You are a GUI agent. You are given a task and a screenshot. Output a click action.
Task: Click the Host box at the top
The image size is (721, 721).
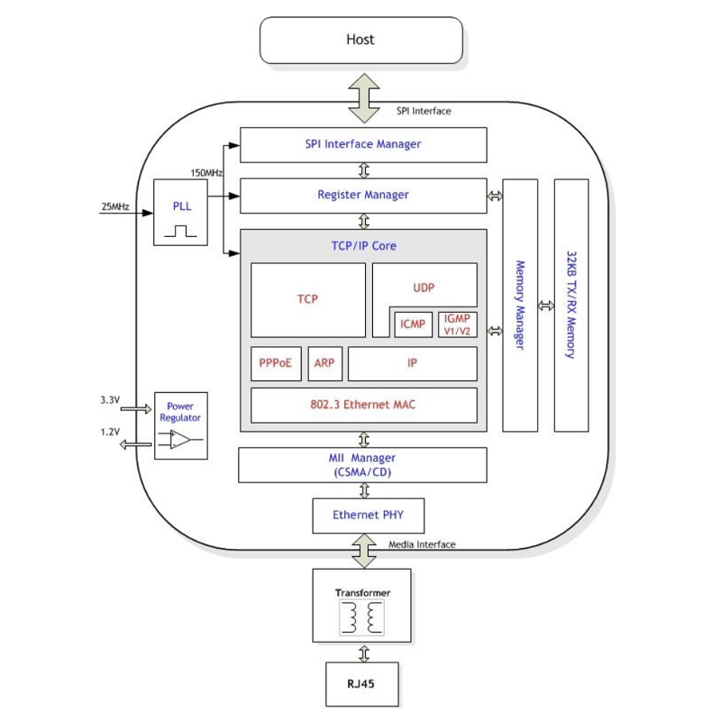click(360, 41)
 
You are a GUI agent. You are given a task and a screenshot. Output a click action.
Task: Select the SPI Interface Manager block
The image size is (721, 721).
click(363, 144)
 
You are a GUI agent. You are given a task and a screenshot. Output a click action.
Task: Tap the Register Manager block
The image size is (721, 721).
click(363, 195)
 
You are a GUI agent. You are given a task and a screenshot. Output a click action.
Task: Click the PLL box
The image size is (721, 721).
click(180, 213)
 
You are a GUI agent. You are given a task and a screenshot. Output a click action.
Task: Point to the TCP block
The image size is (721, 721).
click(307, 300)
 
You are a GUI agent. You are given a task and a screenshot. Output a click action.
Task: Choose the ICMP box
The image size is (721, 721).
click(414, 324)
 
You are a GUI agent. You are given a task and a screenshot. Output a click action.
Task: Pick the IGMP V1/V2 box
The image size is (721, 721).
click(457, 324)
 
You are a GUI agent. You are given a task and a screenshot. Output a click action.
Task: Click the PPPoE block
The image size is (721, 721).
click(275, 363)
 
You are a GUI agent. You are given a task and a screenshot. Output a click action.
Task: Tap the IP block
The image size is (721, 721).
click(412, 363)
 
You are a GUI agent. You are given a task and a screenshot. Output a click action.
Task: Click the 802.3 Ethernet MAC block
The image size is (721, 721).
click(363, 406)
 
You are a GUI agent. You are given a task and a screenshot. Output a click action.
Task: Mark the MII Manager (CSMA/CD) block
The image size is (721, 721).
click(362, 465)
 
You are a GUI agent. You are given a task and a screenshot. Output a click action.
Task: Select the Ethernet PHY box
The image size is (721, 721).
click(367, 516)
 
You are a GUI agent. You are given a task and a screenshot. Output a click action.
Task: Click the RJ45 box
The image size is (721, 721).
click(361, 684)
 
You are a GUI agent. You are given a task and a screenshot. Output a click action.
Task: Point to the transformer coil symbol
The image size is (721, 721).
click(361, 618)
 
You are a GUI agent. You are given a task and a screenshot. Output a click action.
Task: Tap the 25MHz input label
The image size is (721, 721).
click(114, 207)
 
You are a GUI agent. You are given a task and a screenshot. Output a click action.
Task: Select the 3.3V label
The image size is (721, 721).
click(110, 398)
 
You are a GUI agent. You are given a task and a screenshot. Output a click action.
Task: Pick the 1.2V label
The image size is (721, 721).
click(110, 433)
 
